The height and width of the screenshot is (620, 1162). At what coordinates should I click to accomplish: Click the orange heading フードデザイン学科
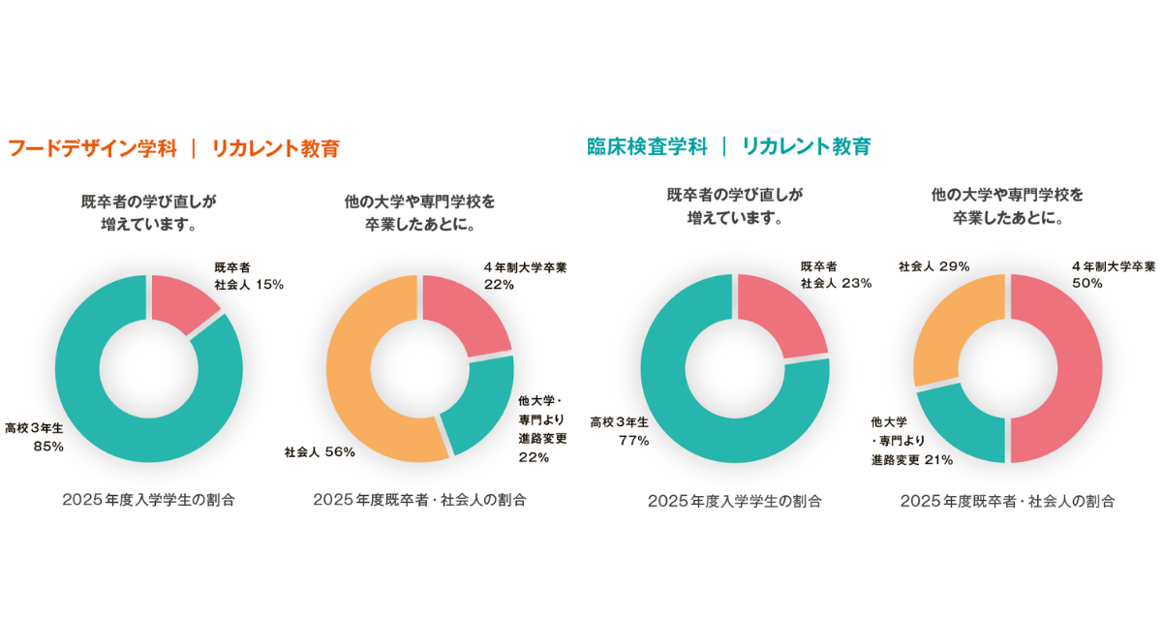coord(92,148)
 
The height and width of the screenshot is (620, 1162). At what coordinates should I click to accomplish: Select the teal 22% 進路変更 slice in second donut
coord(479,407)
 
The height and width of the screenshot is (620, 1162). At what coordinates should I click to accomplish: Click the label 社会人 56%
coord(320,451)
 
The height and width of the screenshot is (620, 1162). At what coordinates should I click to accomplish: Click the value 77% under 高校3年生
coord(633,441)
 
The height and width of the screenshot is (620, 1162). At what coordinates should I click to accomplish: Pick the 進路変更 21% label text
coord(912,460)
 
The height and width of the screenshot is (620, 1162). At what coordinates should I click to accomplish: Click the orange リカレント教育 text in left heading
coord(276,148)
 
